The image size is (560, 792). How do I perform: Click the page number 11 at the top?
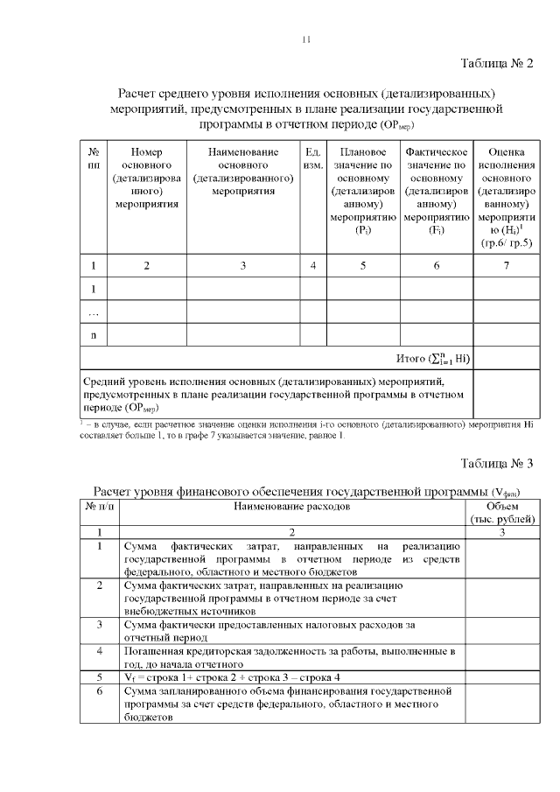305,39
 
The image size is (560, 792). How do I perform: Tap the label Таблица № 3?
496,463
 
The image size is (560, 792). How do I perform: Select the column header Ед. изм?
312,158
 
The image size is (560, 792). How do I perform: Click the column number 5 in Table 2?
362,265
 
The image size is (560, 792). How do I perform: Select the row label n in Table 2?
93,334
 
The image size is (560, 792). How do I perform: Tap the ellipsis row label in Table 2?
93,312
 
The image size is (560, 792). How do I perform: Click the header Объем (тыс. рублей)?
501,513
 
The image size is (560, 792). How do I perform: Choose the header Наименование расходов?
292,507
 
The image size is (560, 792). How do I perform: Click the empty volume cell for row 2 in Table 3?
501,598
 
